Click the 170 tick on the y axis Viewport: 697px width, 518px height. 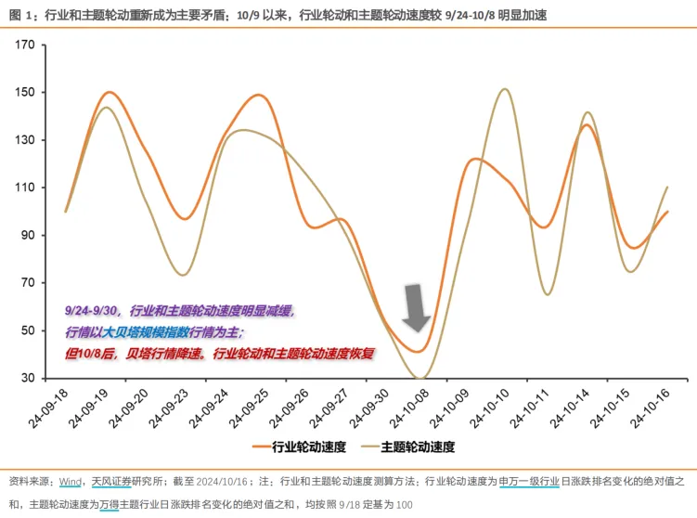coord(25,45)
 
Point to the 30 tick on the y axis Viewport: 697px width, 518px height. coord(28,378)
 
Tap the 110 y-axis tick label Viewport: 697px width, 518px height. coord(25,188)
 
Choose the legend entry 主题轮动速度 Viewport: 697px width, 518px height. coord(417,447)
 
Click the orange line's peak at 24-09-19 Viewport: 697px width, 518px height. coord(109,93)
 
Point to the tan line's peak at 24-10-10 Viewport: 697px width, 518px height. coord(504,89)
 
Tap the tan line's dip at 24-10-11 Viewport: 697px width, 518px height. coord(547,294)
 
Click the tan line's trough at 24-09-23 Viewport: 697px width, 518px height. coord(182,275)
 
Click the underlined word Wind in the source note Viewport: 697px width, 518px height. coord(71,482)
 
